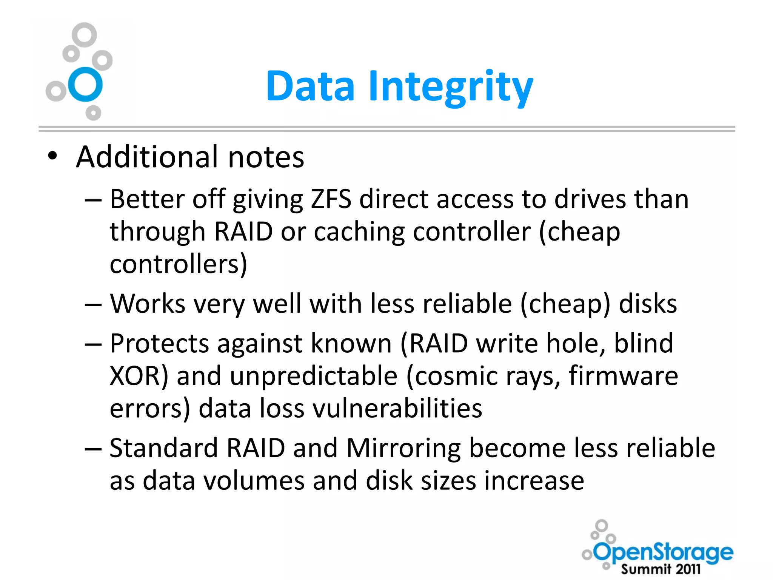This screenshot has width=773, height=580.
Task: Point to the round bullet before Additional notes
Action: tap(53, 156)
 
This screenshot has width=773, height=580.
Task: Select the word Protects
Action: tap(159, 344)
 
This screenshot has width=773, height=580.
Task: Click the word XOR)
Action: tap(139, 376)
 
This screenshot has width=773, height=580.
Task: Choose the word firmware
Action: tap(623, 376)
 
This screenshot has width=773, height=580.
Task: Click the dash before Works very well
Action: tap(93, 304)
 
